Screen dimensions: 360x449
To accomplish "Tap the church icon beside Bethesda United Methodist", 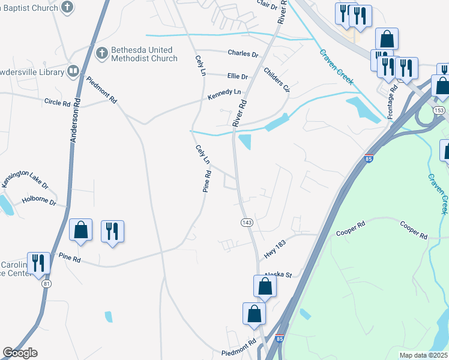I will click(x=102, y=53).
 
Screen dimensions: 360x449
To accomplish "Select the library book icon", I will click(x=73, y=72).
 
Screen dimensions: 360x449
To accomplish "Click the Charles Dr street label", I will click(x=243, y=53).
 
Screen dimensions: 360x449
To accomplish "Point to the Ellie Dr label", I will click(x=238, y=77).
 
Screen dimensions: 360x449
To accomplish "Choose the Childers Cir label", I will click(x=277, y=80).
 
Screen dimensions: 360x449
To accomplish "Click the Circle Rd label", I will click(x=58, y=102).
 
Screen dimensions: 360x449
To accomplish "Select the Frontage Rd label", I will click(x=393, y=101).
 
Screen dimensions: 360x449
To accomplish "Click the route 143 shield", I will click(x=246, y=223).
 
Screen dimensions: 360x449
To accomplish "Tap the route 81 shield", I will click(x=46, y=284).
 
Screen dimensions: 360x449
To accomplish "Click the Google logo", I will click(x=20, y=353).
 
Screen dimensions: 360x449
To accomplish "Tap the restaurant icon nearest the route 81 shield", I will click(x=38, y=263).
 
